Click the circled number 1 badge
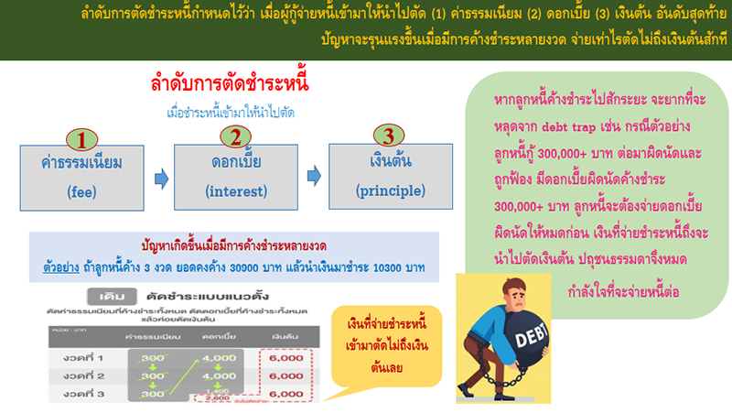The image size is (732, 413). click(x=81, y=139)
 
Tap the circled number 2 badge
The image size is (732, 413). click(x=235, y=138)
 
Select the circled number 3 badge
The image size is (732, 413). click(x=389, y=138)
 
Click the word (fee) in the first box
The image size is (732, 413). click(x=81, y=193)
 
